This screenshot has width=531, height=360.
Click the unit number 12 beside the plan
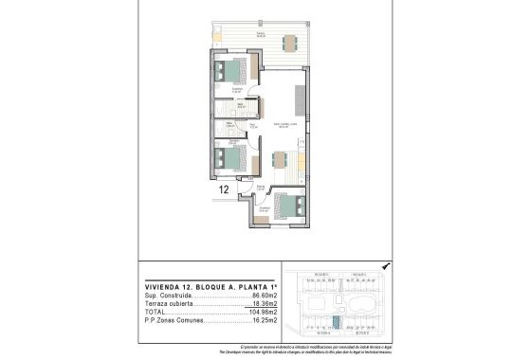224,189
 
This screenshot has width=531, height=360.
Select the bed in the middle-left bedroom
230,156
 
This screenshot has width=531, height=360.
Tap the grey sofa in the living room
300,98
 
